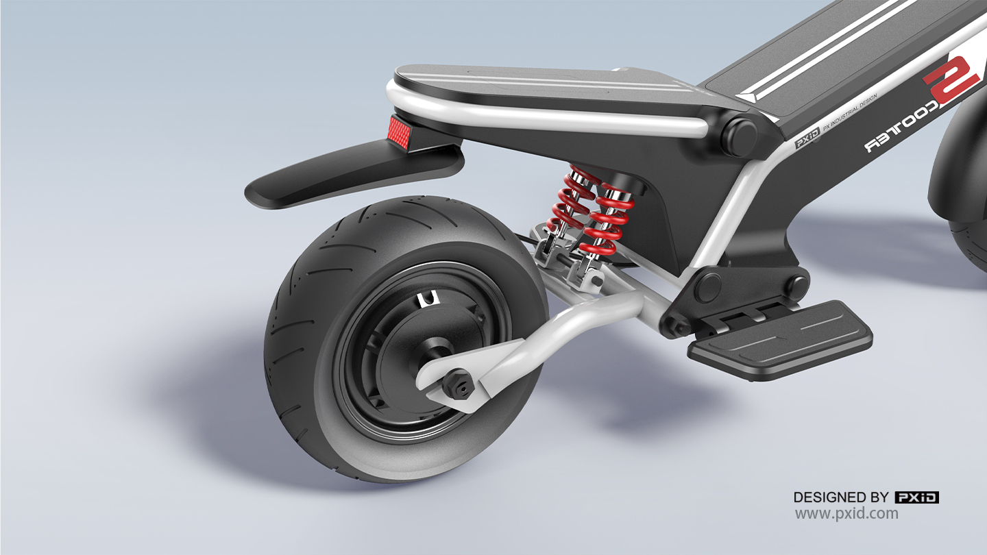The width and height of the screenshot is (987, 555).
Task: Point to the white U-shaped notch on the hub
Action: [x=429, y=298]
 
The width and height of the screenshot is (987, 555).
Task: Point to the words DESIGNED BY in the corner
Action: [x=841, y=497]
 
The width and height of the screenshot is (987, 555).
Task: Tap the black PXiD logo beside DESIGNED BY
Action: [x=916, y=497]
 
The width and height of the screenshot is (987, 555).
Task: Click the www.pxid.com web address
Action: [x=846, y=514]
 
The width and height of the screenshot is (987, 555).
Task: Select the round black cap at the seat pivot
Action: [x=738, y=136]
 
